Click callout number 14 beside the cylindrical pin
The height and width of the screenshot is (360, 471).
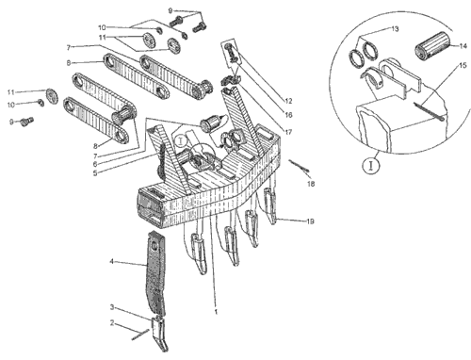click(463, 46)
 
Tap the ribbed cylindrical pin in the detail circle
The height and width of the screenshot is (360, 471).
click(432, 45)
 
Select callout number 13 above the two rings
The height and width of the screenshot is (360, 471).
click(395, 29)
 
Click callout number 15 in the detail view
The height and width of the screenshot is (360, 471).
click(463, 65)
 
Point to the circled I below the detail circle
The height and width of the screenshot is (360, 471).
click(371, 165)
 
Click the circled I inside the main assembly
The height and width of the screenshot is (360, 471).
click(181, 141)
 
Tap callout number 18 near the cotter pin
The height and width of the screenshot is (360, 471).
click(311, 184)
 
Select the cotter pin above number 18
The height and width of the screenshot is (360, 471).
click(299, 166)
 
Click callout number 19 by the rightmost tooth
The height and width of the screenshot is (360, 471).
click(310, 221)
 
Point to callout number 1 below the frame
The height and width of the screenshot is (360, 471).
click(216, 312)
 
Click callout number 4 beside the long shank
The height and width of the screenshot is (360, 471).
click(111, 262)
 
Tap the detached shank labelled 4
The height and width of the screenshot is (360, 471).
click(154, 272)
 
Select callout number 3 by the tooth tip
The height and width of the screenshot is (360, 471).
click(112, 307)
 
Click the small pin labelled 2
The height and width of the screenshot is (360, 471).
click(140, 335)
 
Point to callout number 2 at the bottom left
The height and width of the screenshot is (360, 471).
click(112, 323)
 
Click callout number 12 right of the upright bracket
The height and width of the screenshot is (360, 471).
click(288, 101)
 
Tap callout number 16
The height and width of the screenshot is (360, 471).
click(288, 115)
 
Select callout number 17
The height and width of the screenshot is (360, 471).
click(288, 132)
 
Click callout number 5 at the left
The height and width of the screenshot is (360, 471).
click(95, 173)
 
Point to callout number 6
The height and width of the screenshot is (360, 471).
click(95, 164)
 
